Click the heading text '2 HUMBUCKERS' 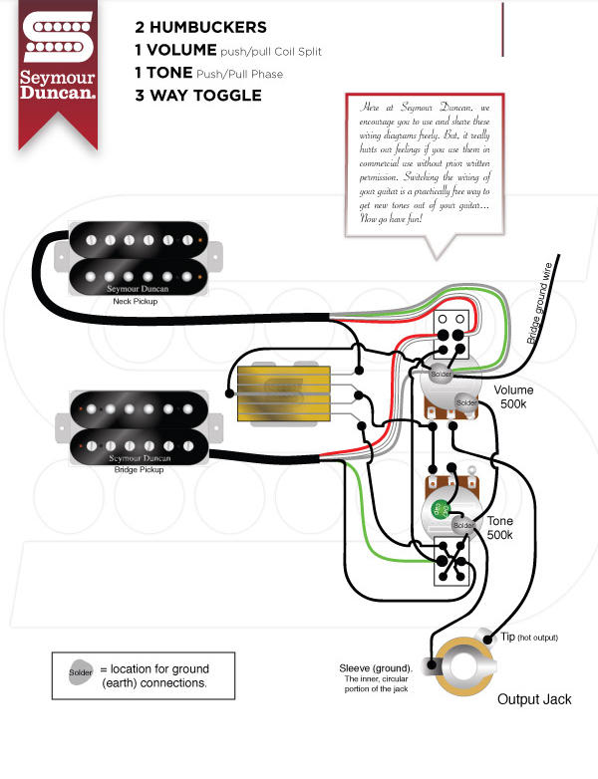(x=199, y=26)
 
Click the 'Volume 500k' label (x=514, y=397)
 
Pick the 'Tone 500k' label (x=500, y=528)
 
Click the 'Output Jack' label (x=534, y=699)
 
